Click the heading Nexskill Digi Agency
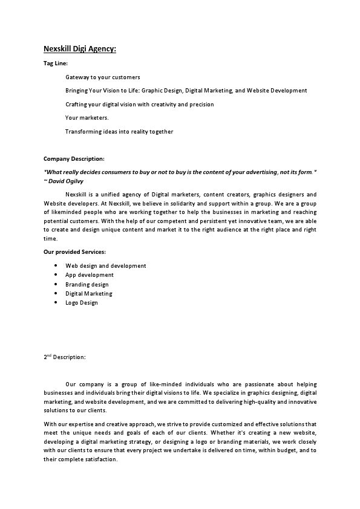click(x=80, y=49)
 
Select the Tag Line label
click(x=56, y=63)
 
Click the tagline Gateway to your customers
click(x=102, y=77)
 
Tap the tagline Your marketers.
click(x=87, y=118)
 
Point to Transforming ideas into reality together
click(x=119, y=132)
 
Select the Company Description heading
click(x=74, y=159)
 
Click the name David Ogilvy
click(x=67, y=181)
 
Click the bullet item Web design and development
click(x=105, y=266)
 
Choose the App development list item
click(x=89, y=275)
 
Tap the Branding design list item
click(x=87, y=285)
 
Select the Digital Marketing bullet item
click(x=88, y=294)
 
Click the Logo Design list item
click(x=81, y=303)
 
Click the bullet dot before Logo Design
click(x=56, y=303)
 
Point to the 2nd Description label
click(x=65, y=357)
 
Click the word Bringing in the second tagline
click(x=77, y=91)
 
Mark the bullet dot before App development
click(x=56, y=275)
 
